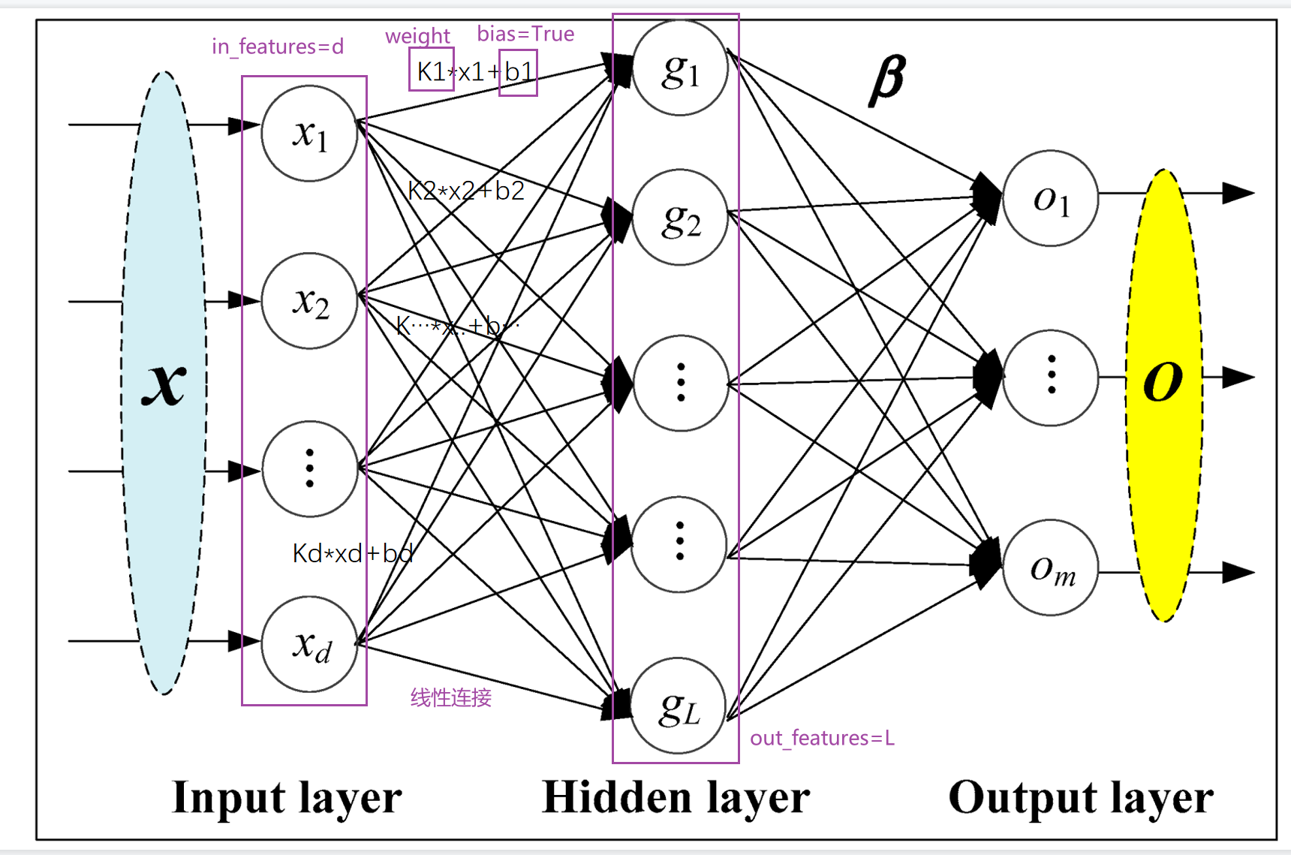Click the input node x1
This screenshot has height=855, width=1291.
(309, 134)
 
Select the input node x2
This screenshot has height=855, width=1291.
(309, 301)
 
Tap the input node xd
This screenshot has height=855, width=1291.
(309, 644)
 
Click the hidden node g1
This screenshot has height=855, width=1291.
(680, 68)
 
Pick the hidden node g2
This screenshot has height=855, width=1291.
(680, 218)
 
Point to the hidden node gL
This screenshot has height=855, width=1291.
(679, 706)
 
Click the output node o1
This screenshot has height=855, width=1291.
(1050, 198)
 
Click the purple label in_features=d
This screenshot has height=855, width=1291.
(278, 47)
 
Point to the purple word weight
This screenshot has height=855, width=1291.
(417, 35)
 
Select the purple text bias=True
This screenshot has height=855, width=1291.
(525, 34)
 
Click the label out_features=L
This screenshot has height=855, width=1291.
(822, 738)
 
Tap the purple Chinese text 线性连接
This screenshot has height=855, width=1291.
(450, 697)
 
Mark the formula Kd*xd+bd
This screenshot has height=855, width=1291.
(353, 553)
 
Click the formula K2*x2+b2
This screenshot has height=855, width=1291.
(465, 191)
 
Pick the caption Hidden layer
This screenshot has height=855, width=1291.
(676, 797)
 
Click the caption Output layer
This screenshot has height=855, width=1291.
(1081, 797)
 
